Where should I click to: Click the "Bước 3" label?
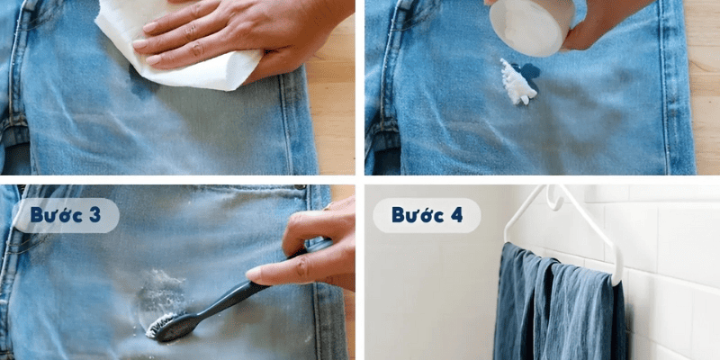(65, 215)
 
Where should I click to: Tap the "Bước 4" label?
(427, 215)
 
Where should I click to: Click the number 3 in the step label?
(95, 215)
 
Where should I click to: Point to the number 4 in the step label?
(456, 215)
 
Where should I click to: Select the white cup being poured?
(532, 26)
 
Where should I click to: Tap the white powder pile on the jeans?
(517, 83)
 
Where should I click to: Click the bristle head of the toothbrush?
(161, 324)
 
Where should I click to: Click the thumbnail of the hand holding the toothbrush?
(254, 275)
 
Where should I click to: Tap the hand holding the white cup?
(606, 23)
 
